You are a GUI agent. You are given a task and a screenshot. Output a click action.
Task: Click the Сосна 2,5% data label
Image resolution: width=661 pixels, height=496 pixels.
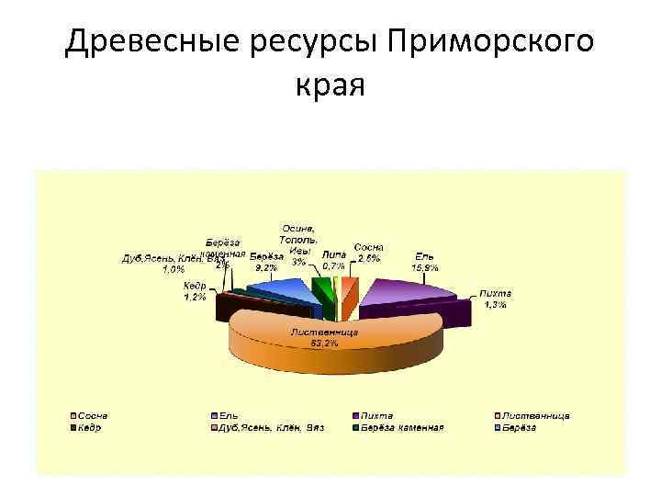(x=369, y=253)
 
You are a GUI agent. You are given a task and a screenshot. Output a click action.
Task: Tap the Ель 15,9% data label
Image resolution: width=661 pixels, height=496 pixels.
(x=425, y=261)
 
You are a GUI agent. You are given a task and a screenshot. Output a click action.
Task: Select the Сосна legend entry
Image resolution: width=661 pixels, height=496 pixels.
(x=93, y=415)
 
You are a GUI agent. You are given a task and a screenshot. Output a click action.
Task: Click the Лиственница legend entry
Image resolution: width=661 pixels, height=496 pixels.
(x=532, y=415)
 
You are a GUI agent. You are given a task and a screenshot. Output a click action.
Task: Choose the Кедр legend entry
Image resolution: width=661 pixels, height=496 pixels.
(x=90, y=427)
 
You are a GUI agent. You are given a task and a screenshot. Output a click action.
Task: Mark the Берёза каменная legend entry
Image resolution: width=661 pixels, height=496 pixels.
(x=401, y=427)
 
